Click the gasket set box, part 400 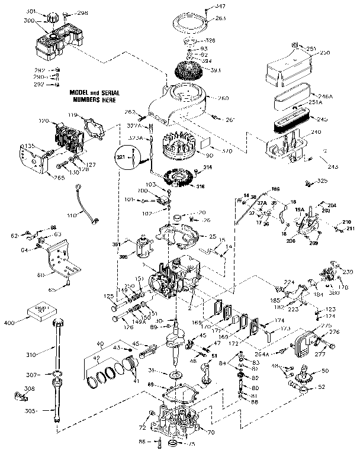click(x=41, y=313)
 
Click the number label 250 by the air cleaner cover click(x=323, y=53)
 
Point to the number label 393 click(x=215, y=70)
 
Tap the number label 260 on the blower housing click(x=223, y=98)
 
